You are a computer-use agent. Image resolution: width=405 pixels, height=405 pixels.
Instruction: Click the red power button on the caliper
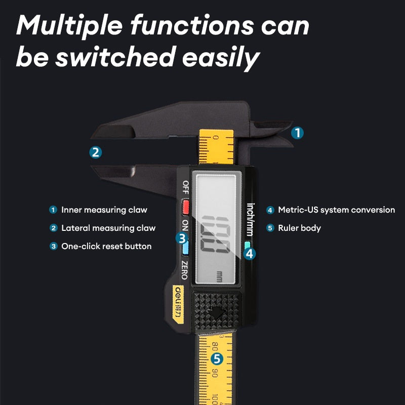[x=185, y=208]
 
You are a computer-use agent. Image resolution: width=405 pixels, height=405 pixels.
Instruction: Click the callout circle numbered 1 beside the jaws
[x=297, y=133]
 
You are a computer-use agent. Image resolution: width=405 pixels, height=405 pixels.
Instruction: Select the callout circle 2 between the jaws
[x=96, y=152]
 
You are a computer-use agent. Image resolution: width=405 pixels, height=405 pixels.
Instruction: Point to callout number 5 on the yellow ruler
[x=217, y=359]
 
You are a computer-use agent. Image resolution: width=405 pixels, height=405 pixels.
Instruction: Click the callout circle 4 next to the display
[x=250, y=254]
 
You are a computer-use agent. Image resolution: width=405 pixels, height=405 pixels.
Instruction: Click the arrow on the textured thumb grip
[x=216, y=313]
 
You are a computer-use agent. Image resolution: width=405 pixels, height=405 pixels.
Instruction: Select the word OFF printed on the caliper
[x=185, y=187]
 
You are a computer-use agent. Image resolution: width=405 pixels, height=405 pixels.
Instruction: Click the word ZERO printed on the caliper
[x=184, y=270]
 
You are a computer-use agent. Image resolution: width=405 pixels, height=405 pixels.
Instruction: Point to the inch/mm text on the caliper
[x=250, y=220]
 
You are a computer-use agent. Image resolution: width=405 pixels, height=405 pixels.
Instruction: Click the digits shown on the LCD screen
[x=216, y=234]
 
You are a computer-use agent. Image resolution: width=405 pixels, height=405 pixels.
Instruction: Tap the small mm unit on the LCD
[x=219, y=276]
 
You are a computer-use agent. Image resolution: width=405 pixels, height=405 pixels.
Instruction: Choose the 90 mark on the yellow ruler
[x=215, y=373]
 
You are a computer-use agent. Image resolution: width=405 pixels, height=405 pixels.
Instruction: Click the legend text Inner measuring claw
[x=104, y=210]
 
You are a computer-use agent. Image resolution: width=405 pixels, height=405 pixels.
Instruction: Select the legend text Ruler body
[x=299, y=228]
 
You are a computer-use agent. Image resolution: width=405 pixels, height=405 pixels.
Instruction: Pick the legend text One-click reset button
[x=106, y=246]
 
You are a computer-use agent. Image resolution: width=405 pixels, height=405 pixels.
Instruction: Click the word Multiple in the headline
[x=69, y=26]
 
